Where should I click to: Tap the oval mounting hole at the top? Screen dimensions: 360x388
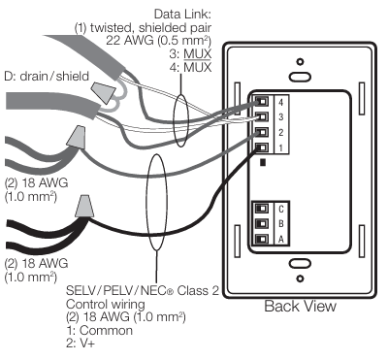(x=300, y=74)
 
